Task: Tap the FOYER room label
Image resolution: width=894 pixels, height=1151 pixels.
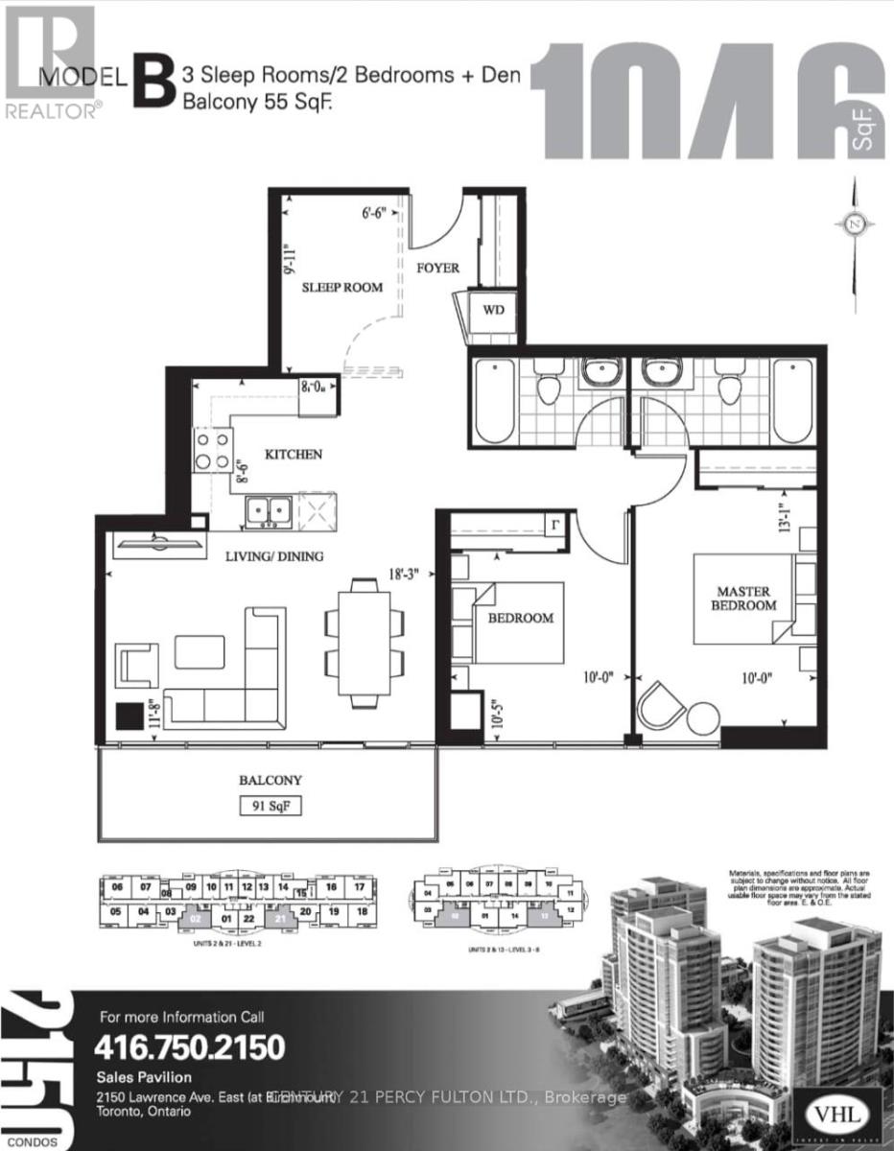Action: click(x=436, y=268)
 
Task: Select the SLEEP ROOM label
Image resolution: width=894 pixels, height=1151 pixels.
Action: click(x=342, y=287)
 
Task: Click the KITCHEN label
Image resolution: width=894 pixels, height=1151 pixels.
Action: click(x=294, y=454)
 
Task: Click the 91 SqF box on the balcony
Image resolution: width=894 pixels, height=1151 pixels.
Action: click(x=271, y=806)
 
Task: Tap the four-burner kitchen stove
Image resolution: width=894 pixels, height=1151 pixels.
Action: click(x=214, y=448)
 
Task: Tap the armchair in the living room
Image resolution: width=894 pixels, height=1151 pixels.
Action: click(x=137, y=665)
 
